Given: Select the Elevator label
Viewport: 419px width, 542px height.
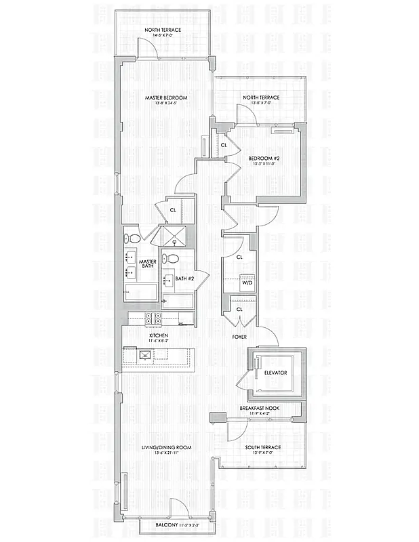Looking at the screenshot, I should point(276,373).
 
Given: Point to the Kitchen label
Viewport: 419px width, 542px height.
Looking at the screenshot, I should point(159,335).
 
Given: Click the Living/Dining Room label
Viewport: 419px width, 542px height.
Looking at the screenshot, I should point(166,447).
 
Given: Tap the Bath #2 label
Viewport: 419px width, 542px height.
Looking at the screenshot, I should point(184,278).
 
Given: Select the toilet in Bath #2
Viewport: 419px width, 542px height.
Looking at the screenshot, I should point(173,258).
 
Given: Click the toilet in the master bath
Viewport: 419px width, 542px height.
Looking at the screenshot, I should point(133,238).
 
